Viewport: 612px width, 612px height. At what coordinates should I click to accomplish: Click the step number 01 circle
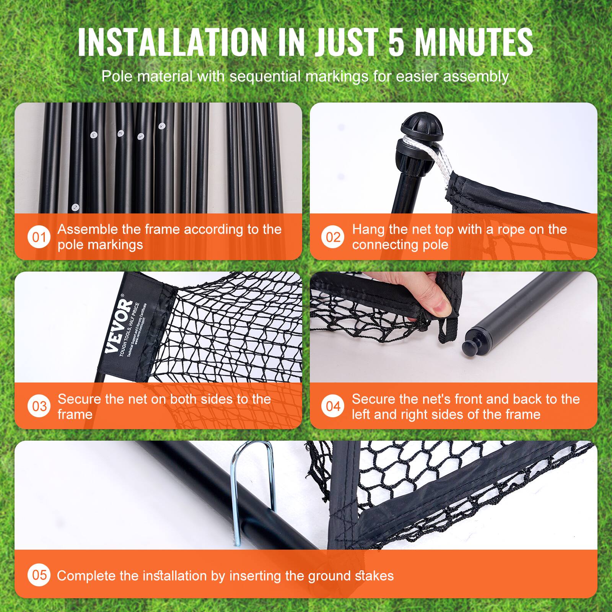coord(39,237)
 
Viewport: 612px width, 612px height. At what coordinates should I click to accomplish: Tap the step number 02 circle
coord(333,237)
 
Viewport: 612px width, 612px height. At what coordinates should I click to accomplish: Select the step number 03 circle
coord(39,406)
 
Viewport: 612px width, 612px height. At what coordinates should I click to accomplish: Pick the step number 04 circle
coord(333,406)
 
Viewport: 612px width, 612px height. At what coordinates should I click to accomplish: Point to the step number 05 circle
coord(39,575)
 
